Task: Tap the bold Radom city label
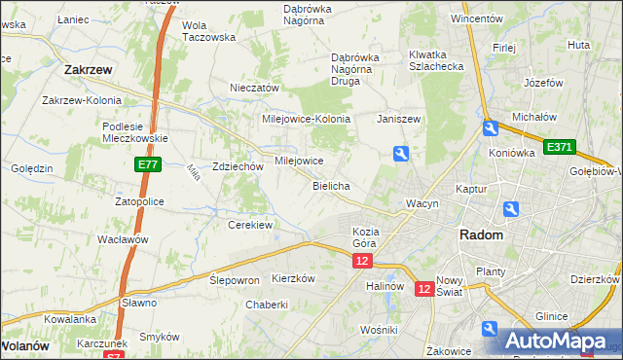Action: pyautogui.click(x=481, y=235)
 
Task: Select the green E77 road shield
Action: pyautogui.click(x=148, y=166)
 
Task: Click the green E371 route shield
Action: pyautogui.click(x=560, y=147)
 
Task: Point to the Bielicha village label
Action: pyautogui.click(x=331, y=185)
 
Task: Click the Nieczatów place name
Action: pyautogui.click(x=255, y=88)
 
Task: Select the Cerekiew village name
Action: pyautogui.click(x=249, y=225)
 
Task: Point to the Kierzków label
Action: pyautogui.click(x=294, y=277)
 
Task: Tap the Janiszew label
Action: pyautogui.click(x=398, y=119)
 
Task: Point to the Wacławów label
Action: pyautogui.click(x=122, y=239)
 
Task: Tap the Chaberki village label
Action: pyautogui.click(x=267, y=304)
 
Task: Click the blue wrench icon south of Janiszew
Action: pyautogui.click(x=400, y=153)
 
